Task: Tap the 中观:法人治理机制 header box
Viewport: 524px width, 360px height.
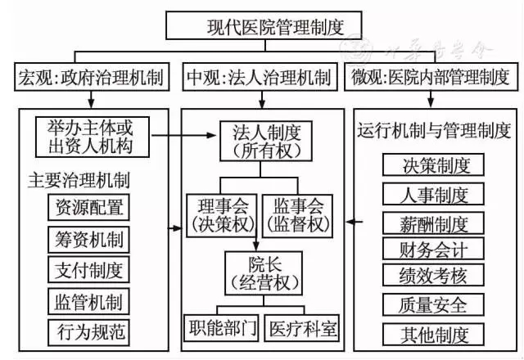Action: coord(260,78)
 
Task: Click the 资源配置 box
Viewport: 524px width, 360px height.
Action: coord(88,208)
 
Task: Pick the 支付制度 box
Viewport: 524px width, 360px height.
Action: coord(88,269)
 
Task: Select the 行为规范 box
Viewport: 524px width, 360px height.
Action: coord(88,331)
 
